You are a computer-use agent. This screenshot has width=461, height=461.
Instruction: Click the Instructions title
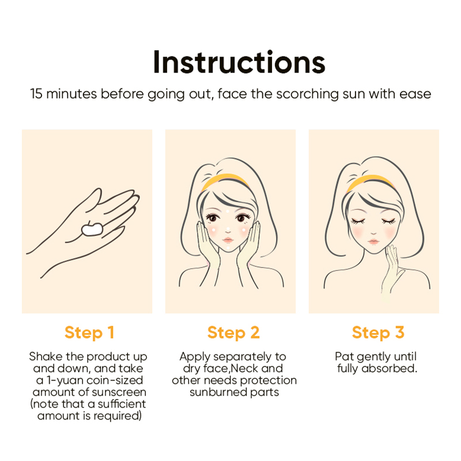point(239,62)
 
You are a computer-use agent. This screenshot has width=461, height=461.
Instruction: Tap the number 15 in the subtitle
point(36,94)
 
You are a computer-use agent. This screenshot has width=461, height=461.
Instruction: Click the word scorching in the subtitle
point(307,95)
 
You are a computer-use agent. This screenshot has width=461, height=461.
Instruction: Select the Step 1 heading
point(89,333)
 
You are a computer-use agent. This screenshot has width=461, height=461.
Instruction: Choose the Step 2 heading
point(233,333)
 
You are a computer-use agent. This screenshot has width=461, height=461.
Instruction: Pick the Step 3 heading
point(378,333)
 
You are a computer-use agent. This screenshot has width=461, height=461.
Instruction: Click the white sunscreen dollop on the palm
point(92,229)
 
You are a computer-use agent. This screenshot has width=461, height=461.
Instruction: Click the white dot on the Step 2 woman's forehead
point(227,211)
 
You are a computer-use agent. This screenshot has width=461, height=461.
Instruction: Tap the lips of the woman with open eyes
point(228,240)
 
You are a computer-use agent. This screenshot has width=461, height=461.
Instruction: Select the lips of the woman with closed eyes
point(373,241)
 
